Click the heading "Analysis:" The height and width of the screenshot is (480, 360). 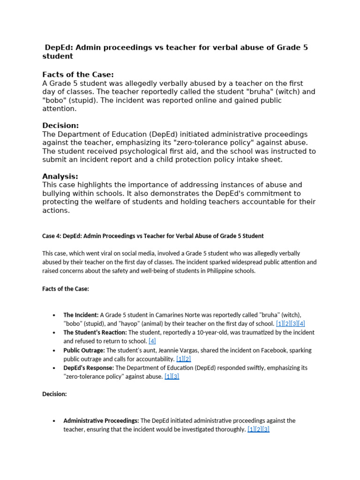click(x=60, y=176)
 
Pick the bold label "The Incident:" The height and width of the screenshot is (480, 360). click(x=81, y=315)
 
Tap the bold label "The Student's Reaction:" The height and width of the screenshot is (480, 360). click(x=95, y=332)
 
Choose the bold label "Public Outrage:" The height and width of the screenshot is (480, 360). click(x=84, y=350)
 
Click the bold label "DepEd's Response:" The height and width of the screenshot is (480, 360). click(x=89, y=368)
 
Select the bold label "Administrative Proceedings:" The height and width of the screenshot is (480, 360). click(x=101, y=420)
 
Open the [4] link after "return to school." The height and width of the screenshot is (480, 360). click(x=152, y=341)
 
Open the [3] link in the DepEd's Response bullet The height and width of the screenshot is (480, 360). click(x=176, y=376)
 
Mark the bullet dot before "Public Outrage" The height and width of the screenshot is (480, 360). click(x=55, y=351)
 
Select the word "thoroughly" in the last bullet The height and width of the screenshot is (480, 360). click(x=229, y=429)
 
